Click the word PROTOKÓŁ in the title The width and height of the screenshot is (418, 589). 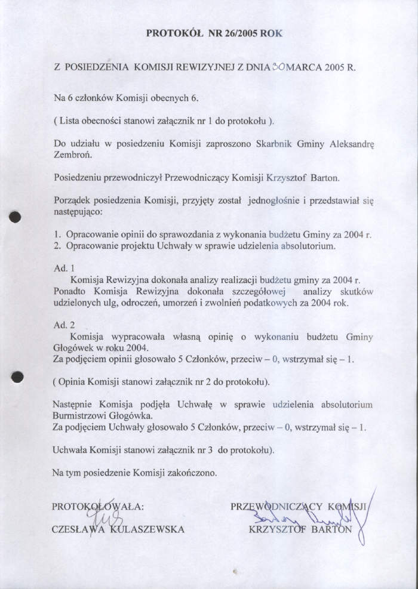tap(173, 34)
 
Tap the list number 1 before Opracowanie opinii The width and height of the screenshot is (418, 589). tap(56, 235)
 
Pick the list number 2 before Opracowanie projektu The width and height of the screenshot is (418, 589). tap(56, 246)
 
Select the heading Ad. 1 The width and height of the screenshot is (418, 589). tap(63, 269)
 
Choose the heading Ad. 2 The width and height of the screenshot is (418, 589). tap(63, 325)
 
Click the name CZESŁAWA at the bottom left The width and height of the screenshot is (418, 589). tap(75, 529)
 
